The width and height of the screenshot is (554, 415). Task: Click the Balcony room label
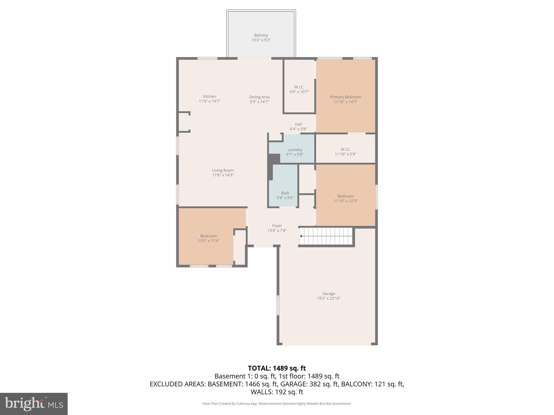pos(261,35)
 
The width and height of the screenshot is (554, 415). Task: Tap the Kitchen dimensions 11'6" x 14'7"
pos(209,101)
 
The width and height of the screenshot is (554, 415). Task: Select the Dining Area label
pos(259,97)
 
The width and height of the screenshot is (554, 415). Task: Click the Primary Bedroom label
pos(345,97)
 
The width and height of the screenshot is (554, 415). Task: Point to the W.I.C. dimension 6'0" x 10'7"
pos(299,92)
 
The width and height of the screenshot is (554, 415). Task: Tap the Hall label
pos(298,124)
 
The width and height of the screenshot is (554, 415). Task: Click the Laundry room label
pos(295,150)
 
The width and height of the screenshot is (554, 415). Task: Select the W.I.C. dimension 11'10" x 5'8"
pos(345,154)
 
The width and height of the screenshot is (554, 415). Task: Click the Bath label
pos(285,193)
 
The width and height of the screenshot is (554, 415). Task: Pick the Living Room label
pos(223,170)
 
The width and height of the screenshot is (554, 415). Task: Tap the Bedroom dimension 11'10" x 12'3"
pos(345,201)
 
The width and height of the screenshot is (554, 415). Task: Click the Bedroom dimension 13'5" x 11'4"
pos(208,241)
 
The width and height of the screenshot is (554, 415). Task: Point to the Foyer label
pos(277,226)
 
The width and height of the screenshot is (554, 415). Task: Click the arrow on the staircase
pos(301,236)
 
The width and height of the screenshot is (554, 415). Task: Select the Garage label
pos(328,293)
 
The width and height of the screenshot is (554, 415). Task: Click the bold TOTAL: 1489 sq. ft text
pos(277,368)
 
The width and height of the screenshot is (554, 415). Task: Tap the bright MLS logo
pos(34,404)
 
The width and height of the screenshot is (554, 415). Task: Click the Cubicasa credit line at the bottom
pos(277,404)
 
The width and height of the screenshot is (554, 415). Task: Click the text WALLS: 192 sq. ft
pos(277,392)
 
